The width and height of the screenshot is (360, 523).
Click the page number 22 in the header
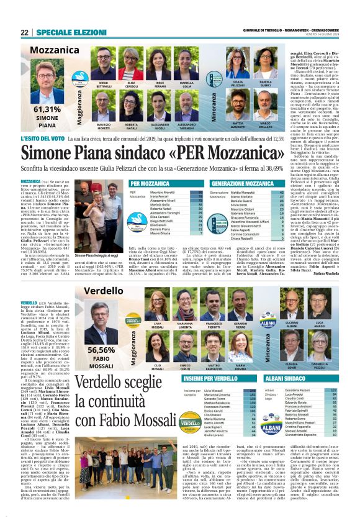[24, 32]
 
